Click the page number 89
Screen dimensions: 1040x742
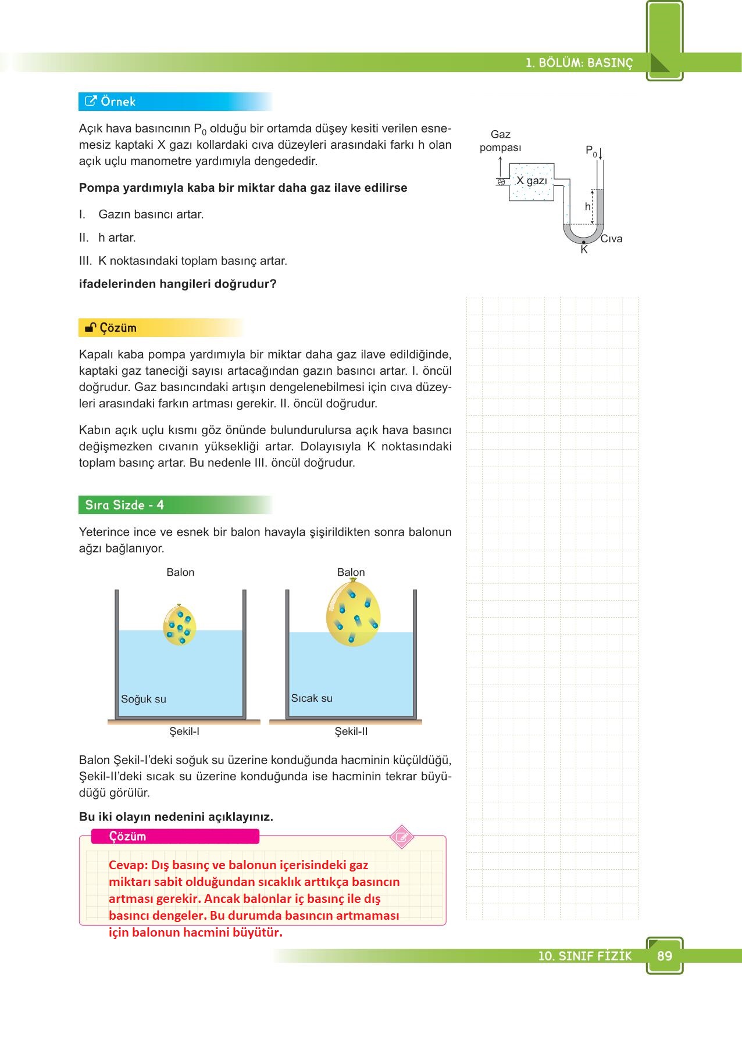coord(664,956)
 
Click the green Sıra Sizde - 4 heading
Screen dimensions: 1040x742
coord(124,505)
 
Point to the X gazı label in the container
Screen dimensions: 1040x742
coord(531,181)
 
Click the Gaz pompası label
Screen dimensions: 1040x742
coord(500,141)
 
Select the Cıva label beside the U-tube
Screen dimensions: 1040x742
coord(611,239)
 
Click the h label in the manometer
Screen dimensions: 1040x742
coord(587,207)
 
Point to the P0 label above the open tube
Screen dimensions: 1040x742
coord(591,151)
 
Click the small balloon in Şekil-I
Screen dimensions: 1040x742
coord(179,625)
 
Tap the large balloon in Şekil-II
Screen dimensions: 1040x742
coord(353,613)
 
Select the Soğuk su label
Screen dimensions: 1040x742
coord(143,699)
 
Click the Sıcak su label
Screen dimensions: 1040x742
coord(312,698)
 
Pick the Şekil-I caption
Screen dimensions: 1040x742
coord(184,731)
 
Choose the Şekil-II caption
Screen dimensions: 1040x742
coord(351,731)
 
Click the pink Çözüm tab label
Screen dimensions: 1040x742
coord(128,837)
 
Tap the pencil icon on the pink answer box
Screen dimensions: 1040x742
coord(401,837)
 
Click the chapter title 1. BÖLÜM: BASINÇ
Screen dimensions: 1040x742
coord(579,63)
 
